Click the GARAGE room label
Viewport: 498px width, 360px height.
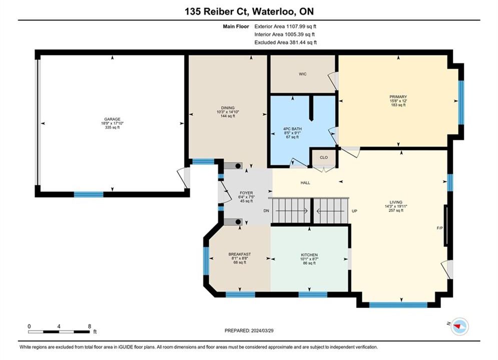(113, 119)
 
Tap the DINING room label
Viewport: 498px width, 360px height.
(228, 108)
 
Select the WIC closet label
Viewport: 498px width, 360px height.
(303, 74)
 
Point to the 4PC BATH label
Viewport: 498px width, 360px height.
(292, 129)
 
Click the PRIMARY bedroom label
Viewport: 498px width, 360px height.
(398, 96)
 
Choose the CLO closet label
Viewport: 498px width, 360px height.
(324, 157)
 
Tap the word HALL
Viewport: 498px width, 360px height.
(305, 182)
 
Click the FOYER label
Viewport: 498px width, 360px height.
(246, 193)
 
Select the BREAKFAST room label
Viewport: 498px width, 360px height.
(239, 254)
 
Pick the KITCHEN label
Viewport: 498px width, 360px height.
(309, 254)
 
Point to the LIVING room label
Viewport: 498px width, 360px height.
(396, 202)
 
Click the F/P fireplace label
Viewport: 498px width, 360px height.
(440, 227)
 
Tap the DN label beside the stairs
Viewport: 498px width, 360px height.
(266, 211)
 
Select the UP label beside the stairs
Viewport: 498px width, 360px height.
(354, 211)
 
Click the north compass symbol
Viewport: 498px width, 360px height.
(459, 326)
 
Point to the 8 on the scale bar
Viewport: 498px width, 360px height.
(90, 326)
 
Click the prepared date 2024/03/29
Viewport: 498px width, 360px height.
(262, 330)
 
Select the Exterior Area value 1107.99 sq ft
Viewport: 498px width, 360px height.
(301, 26)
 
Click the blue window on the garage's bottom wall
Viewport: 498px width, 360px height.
(89, 194)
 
